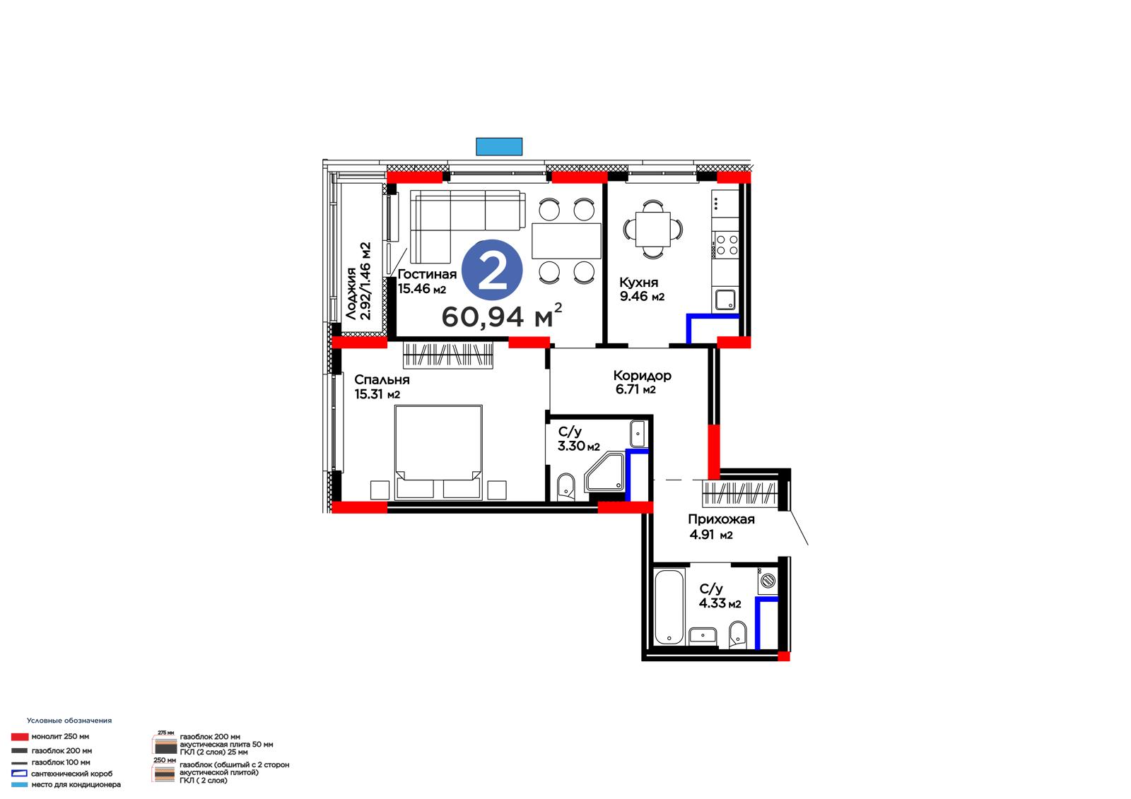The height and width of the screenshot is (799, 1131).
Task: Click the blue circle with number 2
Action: pos(492,270)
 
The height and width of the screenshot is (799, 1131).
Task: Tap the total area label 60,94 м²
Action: pos(502,316)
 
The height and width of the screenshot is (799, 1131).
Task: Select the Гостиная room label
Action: pos(427,274)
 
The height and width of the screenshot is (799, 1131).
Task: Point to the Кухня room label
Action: pos(639,282)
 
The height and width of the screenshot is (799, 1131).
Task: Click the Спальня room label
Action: pos(382,379)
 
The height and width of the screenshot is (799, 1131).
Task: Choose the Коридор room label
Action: pos(643,376)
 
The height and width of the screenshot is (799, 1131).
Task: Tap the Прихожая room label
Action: pos(721,519)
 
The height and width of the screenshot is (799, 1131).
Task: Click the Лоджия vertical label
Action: pos(351,294)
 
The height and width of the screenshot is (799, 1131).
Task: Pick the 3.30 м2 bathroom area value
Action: pos(579,446)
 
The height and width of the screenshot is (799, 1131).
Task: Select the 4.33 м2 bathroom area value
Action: pos(720,603)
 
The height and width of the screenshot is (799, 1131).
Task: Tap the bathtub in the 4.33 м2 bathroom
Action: pos(669,608)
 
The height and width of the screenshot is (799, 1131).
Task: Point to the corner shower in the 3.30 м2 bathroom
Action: pos(606,473)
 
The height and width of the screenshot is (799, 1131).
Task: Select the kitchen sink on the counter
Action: pos(725,300)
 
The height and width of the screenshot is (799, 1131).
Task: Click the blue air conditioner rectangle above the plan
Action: pos(499,146)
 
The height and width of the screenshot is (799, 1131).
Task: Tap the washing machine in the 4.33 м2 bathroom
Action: pos(768,581)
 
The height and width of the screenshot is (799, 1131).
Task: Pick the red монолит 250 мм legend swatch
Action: pos(20,737)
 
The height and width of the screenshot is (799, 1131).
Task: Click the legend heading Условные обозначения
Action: pos(69,721)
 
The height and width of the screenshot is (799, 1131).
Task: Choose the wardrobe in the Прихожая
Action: pos(739,493)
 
